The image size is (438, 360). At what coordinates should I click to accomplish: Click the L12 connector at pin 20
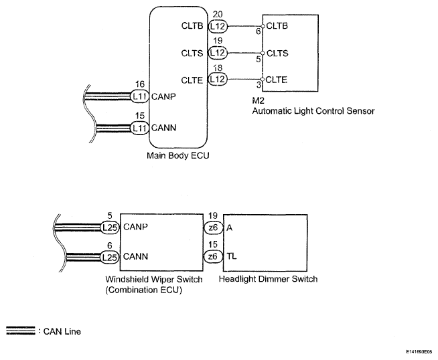coord(218,26)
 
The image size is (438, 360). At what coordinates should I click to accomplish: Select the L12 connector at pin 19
coord(218,52)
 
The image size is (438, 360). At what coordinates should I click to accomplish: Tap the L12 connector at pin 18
coord(218,79)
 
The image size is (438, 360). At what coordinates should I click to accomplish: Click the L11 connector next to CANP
coord(140,96)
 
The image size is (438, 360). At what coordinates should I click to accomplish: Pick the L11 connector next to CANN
coord(140,128)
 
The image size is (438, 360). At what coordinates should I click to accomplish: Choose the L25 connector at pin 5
coord(110,227)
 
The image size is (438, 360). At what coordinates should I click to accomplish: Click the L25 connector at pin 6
coord(110,257)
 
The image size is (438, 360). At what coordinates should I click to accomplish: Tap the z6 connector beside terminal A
coord(213,228)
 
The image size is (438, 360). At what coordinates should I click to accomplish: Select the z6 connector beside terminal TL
coord(213,256)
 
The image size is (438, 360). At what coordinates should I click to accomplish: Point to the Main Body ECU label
coord(178,155)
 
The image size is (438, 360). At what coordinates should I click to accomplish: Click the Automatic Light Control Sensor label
coord(313,111)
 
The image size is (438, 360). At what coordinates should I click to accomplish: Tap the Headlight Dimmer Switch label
coord(268,279)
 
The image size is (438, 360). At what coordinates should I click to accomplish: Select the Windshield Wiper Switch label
coord(154,279)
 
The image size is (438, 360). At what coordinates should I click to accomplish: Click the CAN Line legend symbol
coord(21,331)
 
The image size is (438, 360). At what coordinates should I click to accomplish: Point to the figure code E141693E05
coord(419,352)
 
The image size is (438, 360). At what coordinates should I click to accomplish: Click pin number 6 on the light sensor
coord(258,31)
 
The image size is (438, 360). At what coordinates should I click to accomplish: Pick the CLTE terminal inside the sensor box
coord(277,80)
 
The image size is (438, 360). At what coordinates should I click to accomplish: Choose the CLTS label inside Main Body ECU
coord(192,53)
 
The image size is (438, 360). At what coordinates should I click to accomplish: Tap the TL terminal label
coord(232,256)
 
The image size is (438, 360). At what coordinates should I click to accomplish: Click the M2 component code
coord(258,100)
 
